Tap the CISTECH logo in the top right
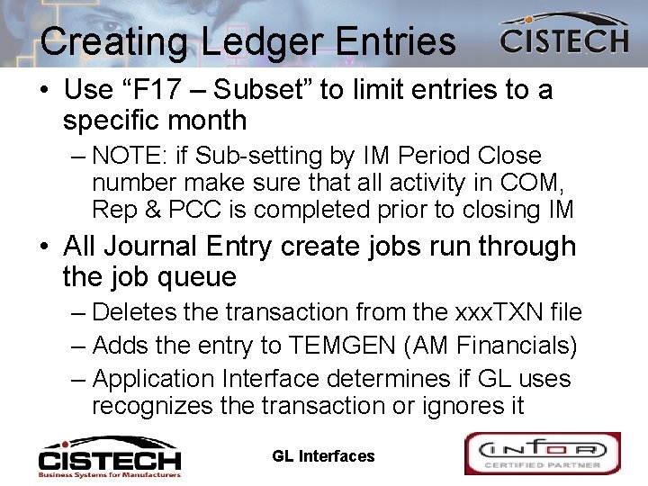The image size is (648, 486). click(x=564, y=37)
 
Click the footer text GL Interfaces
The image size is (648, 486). click(x=323, y=456)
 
